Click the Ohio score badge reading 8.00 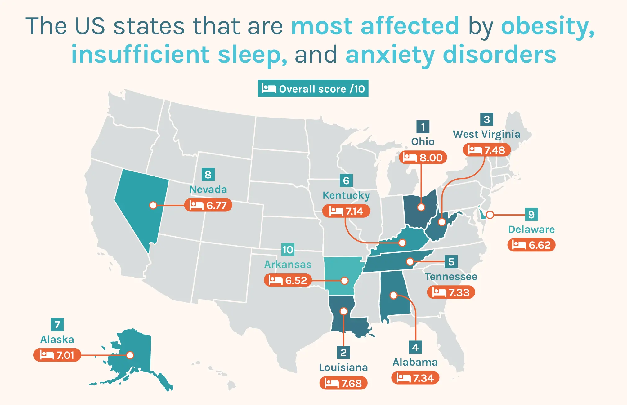pos(423,158)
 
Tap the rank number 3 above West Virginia pos(486,119)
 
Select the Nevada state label pos(208,189)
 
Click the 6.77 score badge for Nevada pos(208,205)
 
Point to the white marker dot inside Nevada pos(153,205)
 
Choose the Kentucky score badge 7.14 pos(346,211)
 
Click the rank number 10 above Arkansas pos(288,250)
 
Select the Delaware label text pos(531,229)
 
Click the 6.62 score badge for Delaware pos(531,245)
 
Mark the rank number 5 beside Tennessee pos(451,262)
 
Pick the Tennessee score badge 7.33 pos(451,292)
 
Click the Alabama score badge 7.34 pos(415,378)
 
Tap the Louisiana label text pos(343,367)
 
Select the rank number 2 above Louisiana pos(343,353)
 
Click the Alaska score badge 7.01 pos(57,355)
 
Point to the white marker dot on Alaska pos(130,355)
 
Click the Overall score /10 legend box pos(313,89)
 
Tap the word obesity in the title pos(548,26)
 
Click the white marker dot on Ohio pos(421,207)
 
